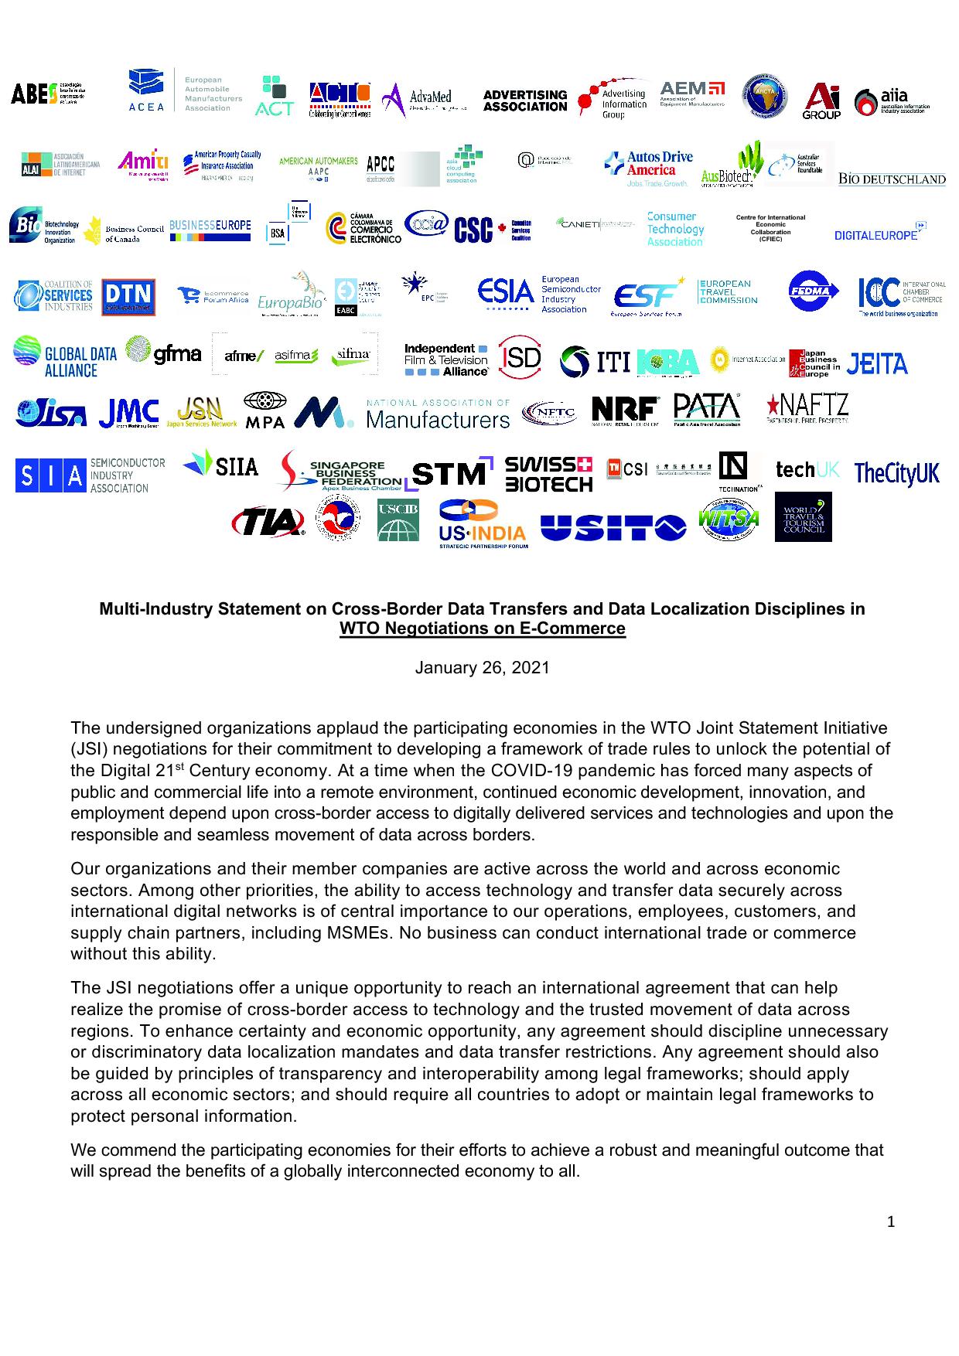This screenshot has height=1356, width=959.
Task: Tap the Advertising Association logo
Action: pyautogui.click(x=524, y=101)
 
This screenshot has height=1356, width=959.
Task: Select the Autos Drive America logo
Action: pyautogui.click(x=648, y=169)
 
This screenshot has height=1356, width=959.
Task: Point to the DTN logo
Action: pyautogui.click(x=128, y=297)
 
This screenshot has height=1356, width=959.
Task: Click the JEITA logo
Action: pyautogui.click(x=877, y=363)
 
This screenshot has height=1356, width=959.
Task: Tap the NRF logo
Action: pyautogui.click(x=625, y=411)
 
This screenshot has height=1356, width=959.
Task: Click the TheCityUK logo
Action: pyautogui.click(x=896, y=473)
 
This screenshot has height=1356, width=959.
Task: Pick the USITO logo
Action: pyautogui.click(x=613, y=527)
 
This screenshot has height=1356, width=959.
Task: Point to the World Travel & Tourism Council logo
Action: pyautogui.click(x=803, y=516)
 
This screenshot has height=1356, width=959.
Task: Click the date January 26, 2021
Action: pyautogui.click(x=482, y=668)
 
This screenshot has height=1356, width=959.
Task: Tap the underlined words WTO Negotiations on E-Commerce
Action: pyautogui.click(x=482, y=629)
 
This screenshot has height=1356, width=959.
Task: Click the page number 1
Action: pyautogui.click(x=891, y=1222)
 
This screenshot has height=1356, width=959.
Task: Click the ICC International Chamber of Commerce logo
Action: pyautogui.click(x=902, y=297)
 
